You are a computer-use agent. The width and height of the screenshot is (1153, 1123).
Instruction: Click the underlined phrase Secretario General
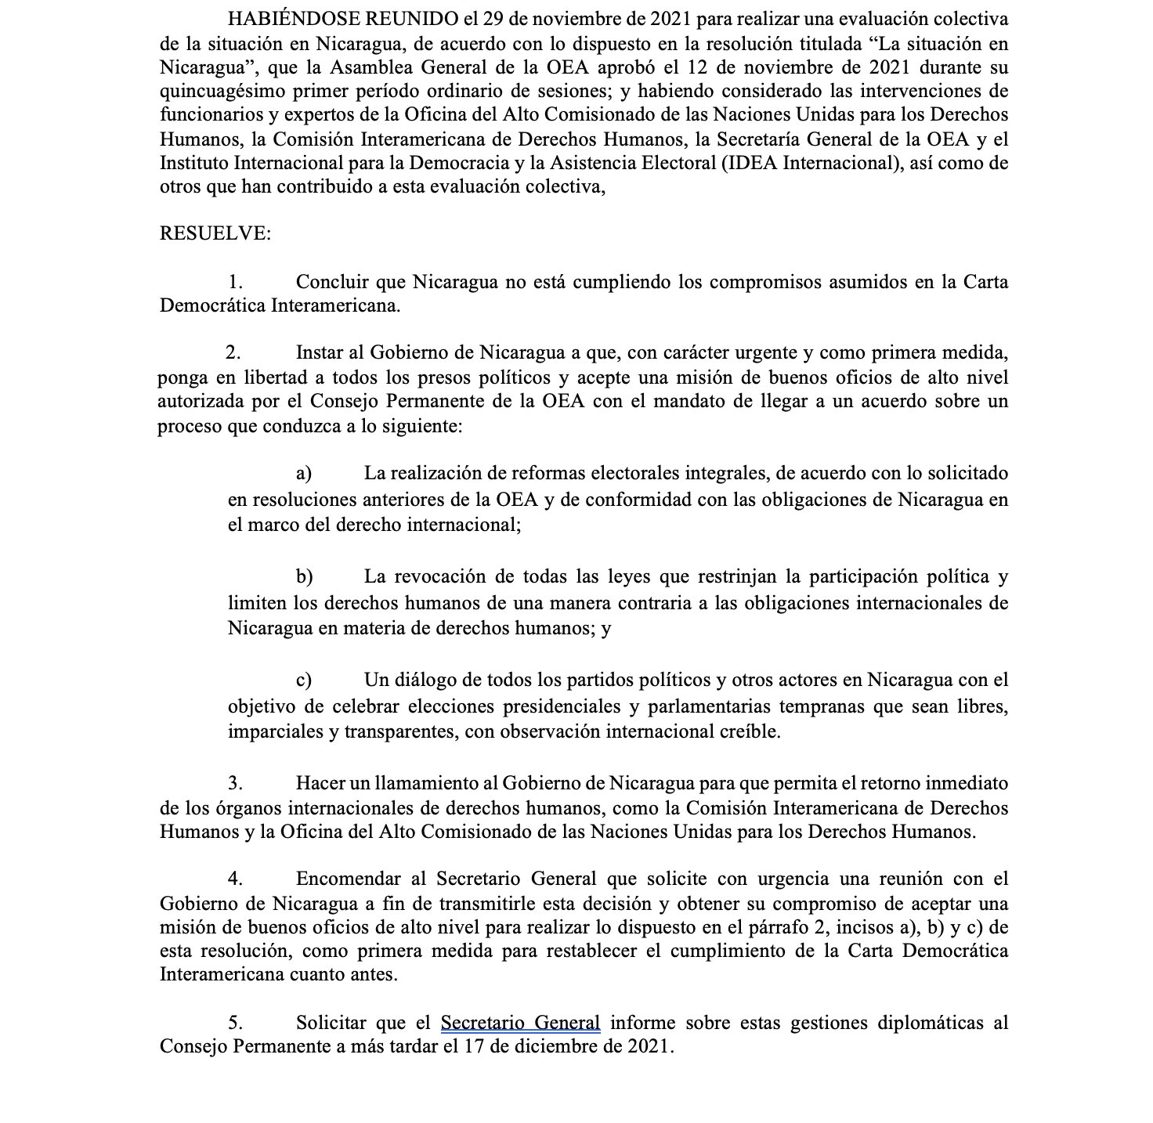pyautogui.click(x=521, y=1023)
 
